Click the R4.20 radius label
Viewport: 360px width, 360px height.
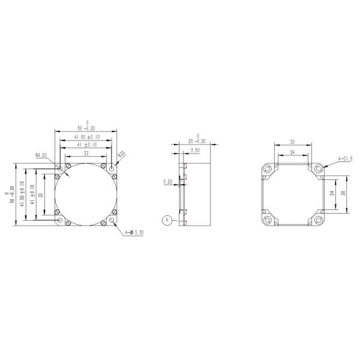[41, 155]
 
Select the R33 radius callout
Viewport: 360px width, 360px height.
[121, 154]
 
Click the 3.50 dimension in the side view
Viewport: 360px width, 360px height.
[195, 150]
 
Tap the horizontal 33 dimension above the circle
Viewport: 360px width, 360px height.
[86, 154]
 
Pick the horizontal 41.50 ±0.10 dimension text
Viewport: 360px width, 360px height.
[87, 137]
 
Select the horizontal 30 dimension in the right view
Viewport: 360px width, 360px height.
[292, 142]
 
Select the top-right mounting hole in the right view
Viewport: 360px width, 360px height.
[318, 170]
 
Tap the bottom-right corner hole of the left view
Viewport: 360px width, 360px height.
[112, 220]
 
